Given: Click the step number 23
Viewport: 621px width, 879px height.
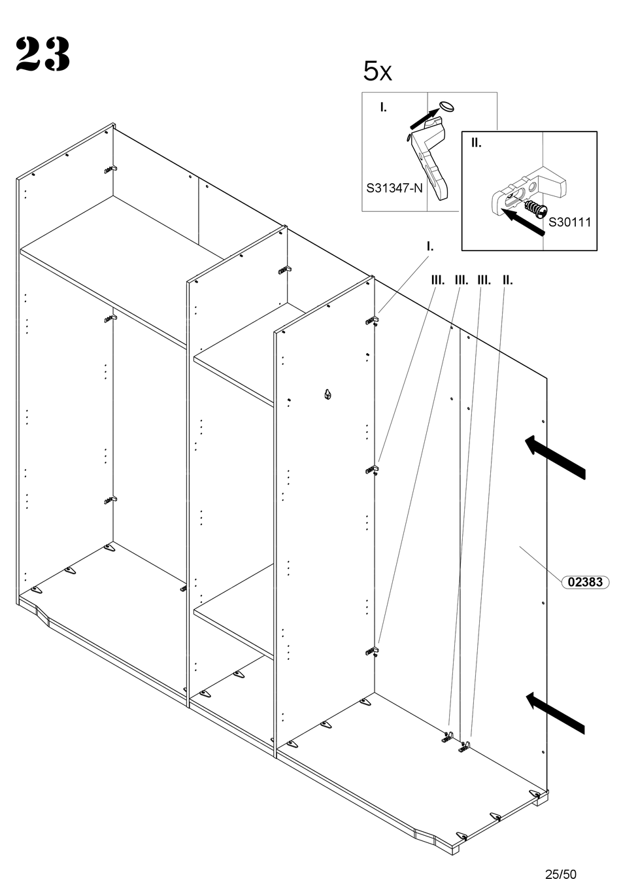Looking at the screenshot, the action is click(43, 54).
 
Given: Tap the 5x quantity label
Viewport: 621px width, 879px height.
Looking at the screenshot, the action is click(377, 71).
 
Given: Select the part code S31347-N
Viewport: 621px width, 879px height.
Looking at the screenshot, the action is click(394, 188).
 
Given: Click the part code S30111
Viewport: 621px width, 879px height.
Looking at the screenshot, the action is click(569, 222).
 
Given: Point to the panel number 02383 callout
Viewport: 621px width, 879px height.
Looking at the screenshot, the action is click(585, 581).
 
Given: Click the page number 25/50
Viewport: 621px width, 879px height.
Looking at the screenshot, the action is click(561, 874).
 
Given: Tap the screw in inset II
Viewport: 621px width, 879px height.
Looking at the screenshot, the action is click(534, 207).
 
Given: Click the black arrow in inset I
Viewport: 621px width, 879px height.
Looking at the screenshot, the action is click(424, 119).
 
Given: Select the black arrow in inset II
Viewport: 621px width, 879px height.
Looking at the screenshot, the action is click(524, 222).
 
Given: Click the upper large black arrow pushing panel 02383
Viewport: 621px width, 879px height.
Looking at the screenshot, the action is click(555, 457).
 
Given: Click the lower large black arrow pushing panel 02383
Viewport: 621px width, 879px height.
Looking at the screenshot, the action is click(555, 713).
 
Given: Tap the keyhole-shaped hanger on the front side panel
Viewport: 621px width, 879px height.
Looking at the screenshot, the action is click(327, 394).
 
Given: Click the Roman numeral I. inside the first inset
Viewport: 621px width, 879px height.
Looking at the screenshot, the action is click(383, 107).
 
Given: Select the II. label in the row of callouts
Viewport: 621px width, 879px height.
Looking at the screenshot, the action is click(508, 281).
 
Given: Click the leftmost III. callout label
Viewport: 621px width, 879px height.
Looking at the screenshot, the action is click(438, 281).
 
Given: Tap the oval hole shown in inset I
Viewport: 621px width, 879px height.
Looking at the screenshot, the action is click(446, 106).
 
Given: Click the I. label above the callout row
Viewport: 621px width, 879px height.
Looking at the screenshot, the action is click(430, 247).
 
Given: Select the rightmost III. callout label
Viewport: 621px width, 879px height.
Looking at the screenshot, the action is click(484, 281).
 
